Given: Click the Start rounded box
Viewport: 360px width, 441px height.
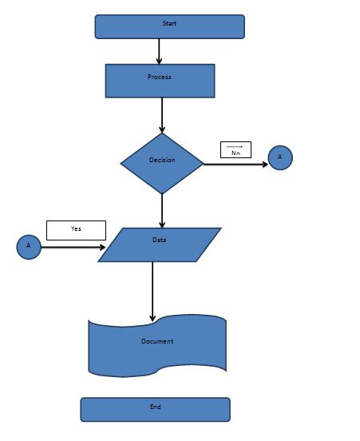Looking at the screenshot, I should pos(169,26).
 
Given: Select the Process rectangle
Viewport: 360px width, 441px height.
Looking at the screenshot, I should pos(160,81).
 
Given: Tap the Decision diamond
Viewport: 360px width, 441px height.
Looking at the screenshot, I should pos(162,163).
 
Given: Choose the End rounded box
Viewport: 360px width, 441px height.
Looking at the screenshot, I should pos(155,409).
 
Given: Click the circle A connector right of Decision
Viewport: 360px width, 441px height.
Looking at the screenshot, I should pos(280,157).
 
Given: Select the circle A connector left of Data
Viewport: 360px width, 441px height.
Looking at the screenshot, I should pos(29,247).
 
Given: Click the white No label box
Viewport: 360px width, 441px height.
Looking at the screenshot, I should pos(235,149).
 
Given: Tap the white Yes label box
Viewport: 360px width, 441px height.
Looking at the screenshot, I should pos(76,230).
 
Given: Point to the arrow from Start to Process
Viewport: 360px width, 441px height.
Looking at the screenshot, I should pos(160,51).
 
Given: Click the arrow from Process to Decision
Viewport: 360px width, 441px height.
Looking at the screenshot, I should pos(162,115).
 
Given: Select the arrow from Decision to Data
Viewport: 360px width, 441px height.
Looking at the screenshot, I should pos(162,210).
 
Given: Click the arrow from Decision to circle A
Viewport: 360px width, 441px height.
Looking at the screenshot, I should pos(235,164).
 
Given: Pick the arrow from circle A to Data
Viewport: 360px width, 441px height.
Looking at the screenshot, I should pos(72,248).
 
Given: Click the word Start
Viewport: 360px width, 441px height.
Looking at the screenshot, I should pos(169,24).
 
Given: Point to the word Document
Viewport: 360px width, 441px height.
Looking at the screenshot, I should pos(157,341).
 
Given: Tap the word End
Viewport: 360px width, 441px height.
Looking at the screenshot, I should pos(155,407).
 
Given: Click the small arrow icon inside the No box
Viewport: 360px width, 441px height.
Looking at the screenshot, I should pos(235,146).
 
